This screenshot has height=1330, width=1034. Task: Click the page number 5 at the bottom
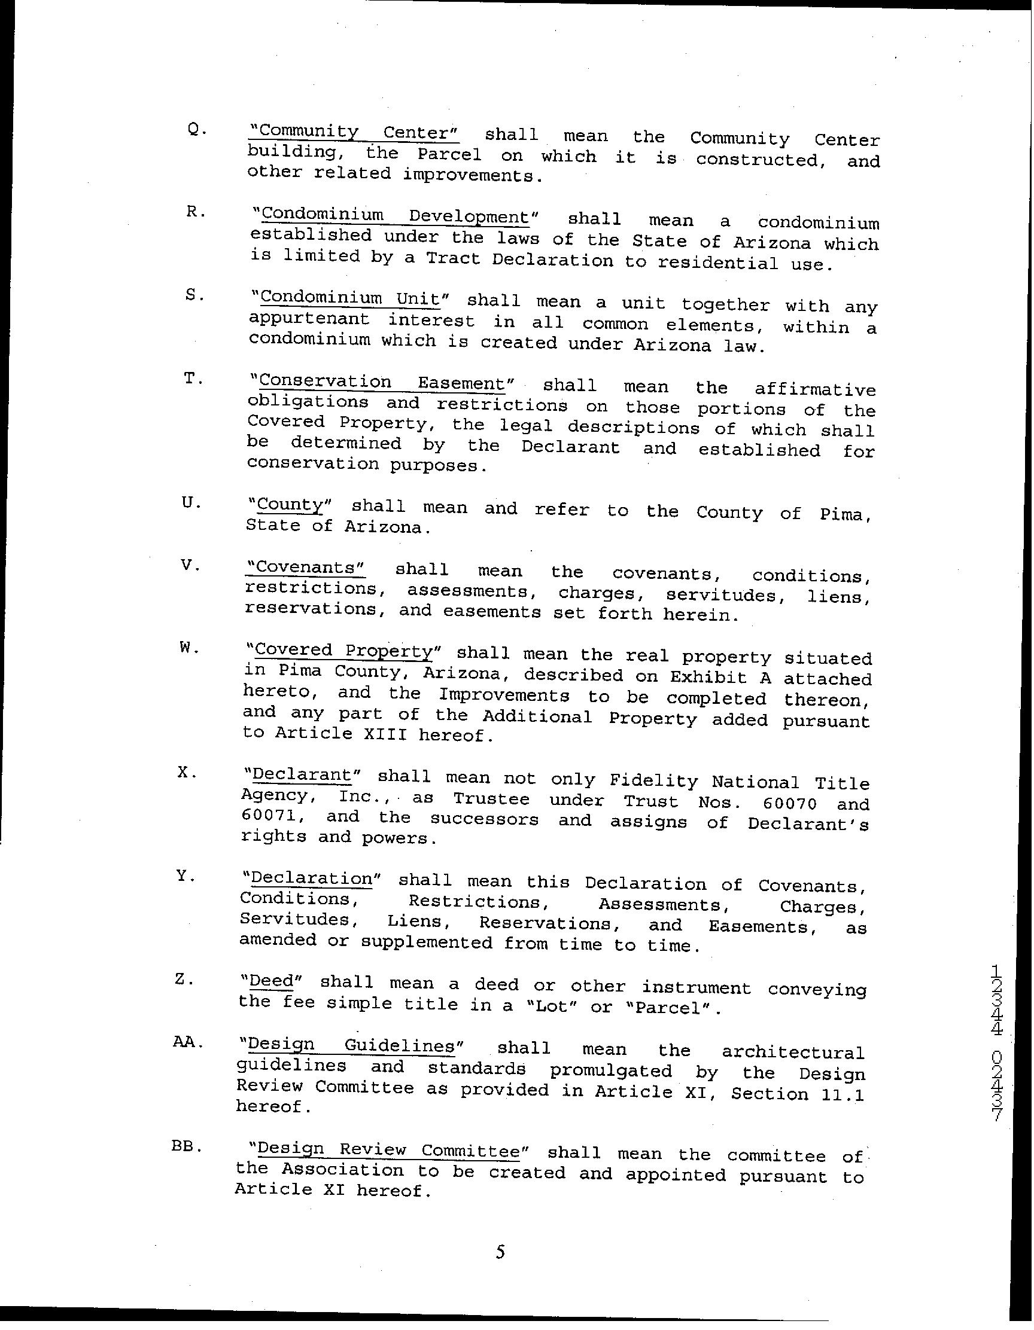tap(500, 1252)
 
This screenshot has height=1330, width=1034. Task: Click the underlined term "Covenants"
tap(305, 568)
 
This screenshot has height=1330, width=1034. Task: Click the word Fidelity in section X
tap(653, 780)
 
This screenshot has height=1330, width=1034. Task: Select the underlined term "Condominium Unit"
tap(349, 299)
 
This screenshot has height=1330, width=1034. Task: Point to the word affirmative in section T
tap(814, 390)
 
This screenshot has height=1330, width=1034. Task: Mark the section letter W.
tap(190, 649)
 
